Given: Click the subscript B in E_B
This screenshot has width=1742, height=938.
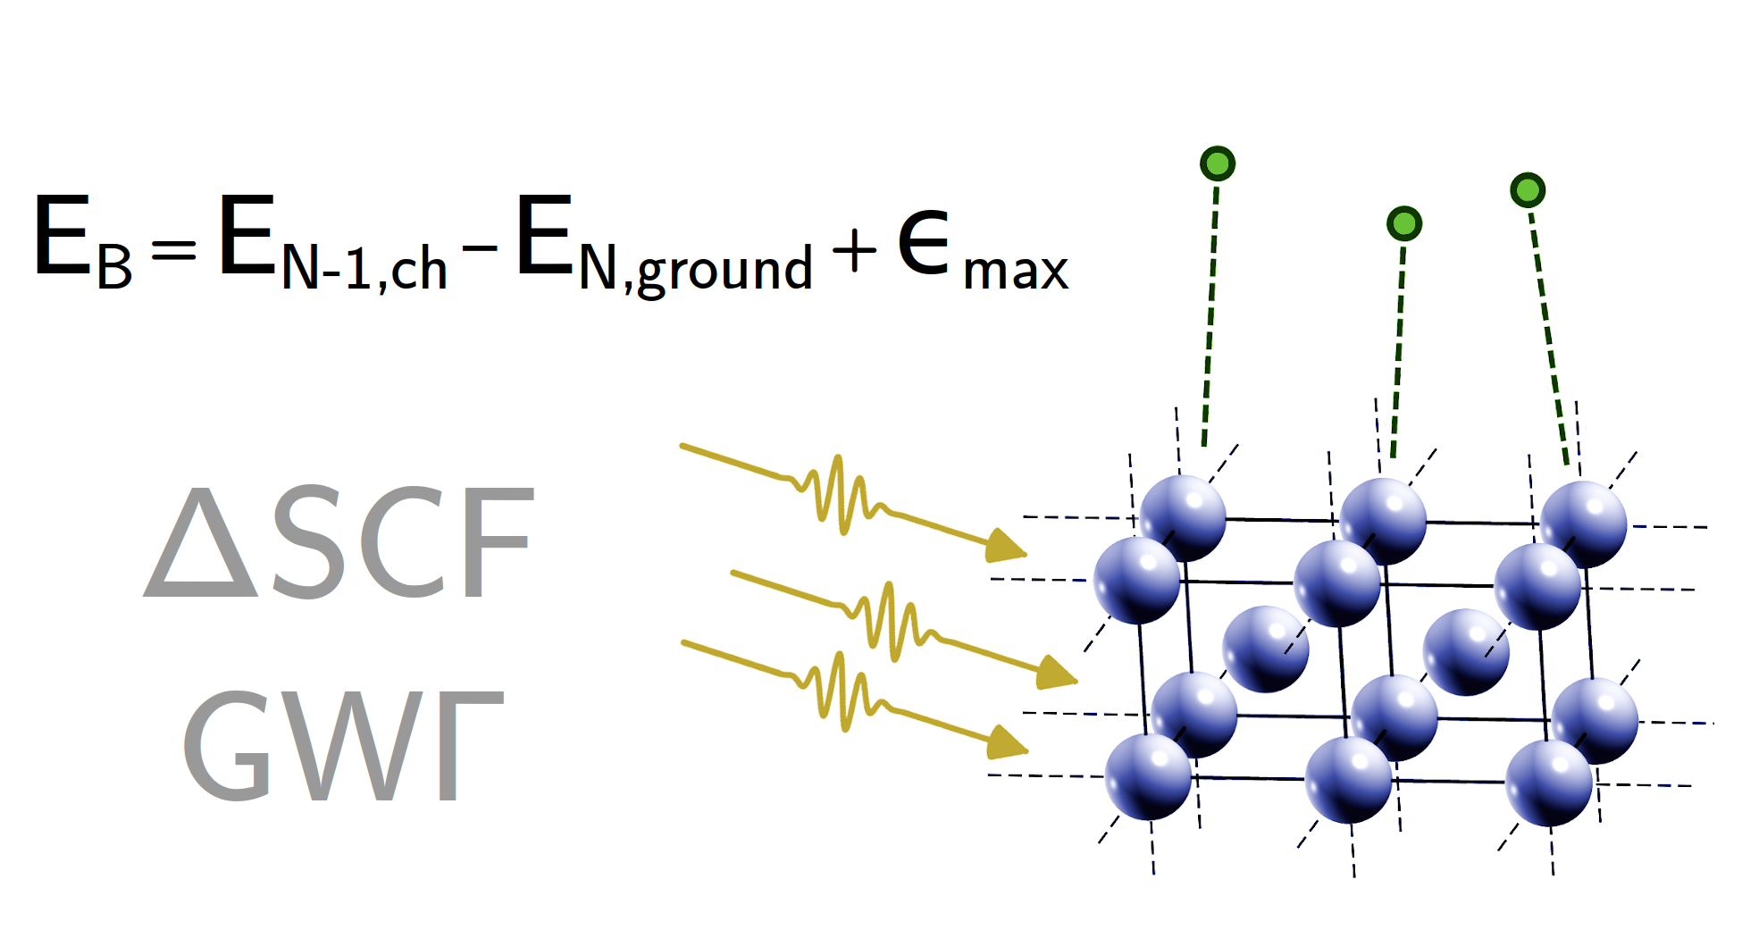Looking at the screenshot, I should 114,267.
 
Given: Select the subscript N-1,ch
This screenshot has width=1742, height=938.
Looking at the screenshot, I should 364,268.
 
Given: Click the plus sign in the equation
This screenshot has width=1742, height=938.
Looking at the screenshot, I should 853,250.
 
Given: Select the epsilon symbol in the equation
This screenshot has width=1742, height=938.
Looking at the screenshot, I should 923,242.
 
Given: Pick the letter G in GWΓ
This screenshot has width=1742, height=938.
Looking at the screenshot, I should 227,746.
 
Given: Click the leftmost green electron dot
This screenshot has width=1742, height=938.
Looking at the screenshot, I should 1218,164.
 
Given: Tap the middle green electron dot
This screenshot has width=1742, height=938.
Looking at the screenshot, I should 1403,223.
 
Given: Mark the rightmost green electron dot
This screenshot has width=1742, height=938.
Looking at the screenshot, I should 1528,190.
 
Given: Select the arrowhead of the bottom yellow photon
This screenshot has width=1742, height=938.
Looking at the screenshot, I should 1006,742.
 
